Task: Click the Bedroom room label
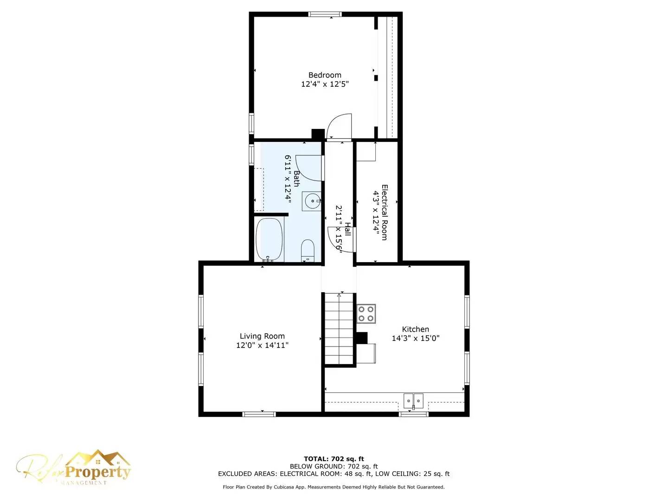click(x=325, y=75)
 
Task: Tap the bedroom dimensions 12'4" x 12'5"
click(x=325, y=84)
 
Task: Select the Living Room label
click(x=262, y=336)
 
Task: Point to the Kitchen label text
click(x=415, y=329)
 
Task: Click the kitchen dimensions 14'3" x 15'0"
click(x=415, y=338)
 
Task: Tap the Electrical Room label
click(x=384, y=212)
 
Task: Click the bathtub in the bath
click(x=269, y=240)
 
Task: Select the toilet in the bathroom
click(x=308, y=250)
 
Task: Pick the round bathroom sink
click(x=312, y=201)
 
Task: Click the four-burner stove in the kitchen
click(x=366, y=314)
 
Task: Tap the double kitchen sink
click(x=413, y=400)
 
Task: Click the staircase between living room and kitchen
click(x=340, y=329)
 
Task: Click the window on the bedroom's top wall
click(x=325, y=14)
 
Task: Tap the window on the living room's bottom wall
click(x=259, y=414)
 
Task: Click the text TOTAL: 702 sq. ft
click(x=334, y=459)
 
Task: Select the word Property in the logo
click(x=97, y=472)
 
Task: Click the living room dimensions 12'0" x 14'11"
click(x=262, y=345)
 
